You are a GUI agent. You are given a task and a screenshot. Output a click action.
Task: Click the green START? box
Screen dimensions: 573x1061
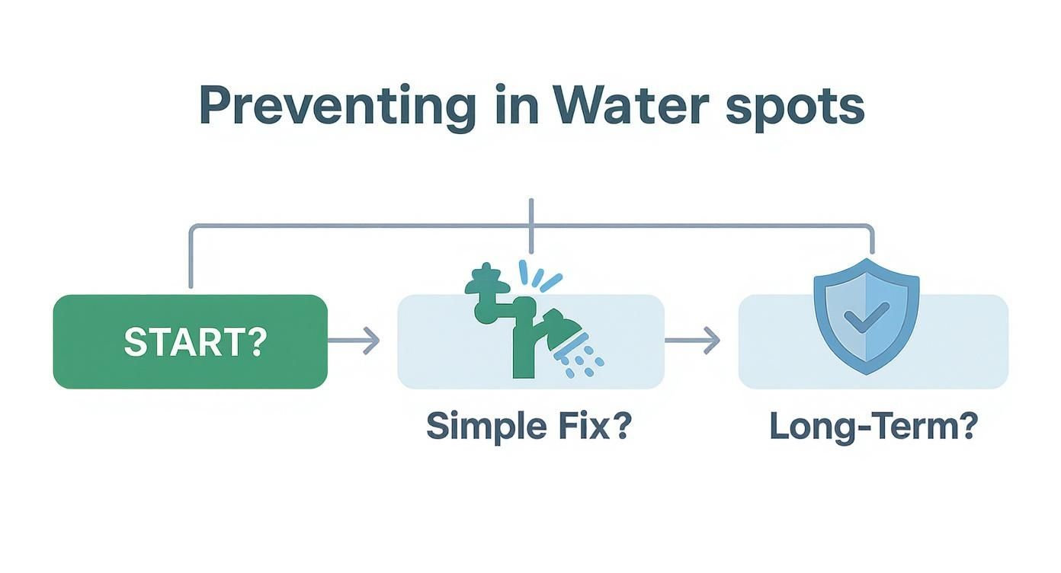tap(190, 341)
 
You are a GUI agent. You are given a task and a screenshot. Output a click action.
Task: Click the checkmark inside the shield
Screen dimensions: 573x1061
tap(866, 315)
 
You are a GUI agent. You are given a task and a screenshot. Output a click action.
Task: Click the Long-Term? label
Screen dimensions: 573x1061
tap(873, 426)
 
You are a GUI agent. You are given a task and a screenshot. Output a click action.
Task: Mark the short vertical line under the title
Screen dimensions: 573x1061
tap(530, 226)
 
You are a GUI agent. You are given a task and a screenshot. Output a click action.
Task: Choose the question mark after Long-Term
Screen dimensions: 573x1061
tap(966, 426)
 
